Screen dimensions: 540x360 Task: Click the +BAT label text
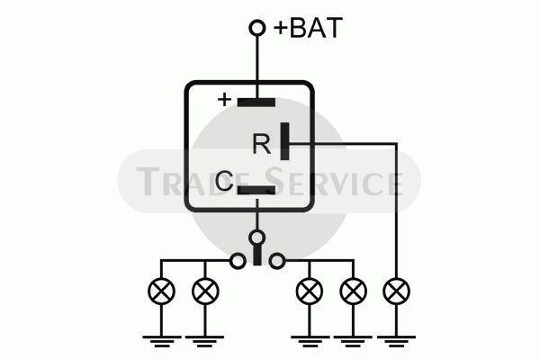click(308, 28)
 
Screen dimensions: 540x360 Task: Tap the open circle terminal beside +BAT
click(256, 28)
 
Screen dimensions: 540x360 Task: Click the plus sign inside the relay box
click(224, 100)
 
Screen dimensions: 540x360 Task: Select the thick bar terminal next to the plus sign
click(256, 103)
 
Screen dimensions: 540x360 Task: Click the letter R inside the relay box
click(262, 144)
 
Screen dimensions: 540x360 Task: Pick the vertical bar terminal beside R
click(284, 141)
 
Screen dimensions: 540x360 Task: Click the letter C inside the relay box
click(224, 181)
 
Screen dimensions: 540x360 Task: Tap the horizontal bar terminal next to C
click(256, 191)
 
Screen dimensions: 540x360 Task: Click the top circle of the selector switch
click(256, 238)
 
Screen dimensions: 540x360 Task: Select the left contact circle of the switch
click(238, 261)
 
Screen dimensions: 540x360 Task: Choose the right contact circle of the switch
click(277, 261)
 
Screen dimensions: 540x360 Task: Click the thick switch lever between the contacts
click(256, 255)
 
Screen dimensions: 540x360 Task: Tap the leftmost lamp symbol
click(161, 291)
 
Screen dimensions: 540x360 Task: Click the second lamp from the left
click(205, 291)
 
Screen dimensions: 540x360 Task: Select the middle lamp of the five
click(310, 291)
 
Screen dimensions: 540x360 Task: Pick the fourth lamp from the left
click(353, 291)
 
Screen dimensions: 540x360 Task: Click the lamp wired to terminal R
click(396, 291)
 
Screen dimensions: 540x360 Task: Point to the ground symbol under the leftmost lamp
click(161, 341)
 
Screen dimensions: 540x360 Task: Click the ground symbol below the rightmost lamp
click(396, 341)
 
